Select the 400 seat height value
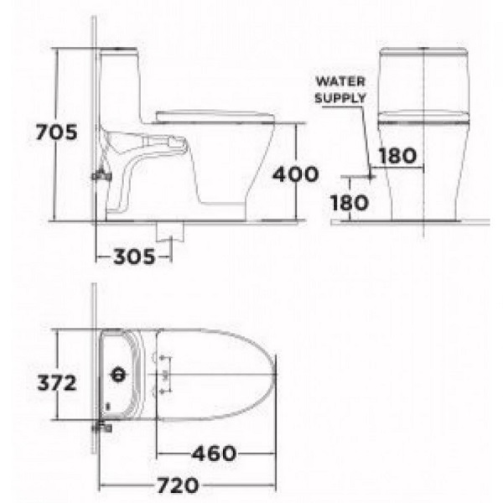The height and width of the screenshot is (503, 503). [296, 174]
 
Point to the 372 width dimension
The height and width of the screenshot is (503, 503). [55, 382]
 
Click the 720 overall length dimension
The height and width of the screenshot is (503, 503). [177, 485]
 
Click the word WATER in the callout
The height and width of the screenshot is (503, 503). [340, 82]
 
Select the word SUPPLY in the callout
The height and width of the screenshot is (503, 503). [340, 97]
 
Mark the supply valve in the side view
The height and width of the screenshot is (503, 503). [100, 175]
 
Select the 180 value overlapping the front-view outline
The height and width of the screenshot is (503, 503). [397, 155]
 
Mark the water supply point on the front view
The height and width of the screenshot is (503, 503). [370, 175]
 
